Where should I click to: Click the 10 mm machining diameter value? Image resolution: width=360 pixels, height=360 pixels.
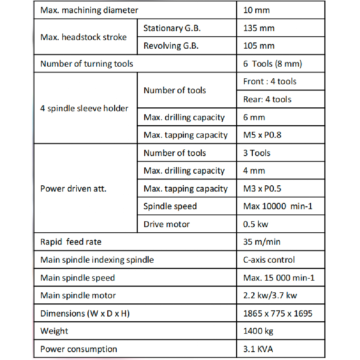point(256,10)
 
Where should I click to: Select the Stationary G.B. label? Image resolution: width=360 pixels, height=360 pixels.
point(172,28)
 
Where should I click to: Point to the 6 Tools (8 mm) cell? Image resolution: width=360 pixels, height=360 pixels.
point(273,64)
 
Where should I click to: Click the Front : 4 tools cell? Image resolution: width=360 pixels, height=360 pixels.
point(270,81)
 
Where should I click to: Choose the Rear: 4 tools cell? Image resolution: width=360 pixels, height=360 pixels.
point(267,99)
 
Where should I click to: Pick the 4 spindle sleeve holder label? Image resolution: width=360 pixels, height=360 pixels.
point(84,108)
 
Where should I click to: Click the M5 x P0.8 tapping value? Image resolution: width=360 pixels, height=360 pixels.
point(262,135)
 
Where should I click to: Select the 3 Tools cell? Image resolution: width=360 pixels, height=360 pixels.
point(257,153)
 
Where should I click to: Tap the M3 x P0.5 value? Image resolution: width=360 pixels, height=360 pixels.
point(262,189)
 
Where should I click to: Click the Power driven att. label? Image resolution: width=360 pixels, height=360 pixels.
point(73,189)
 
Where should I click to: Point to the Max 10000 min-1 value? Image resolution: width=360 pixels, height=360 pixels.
point(278,206)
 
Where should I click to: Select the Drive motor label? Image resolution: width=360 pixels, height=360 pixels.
point(167,224)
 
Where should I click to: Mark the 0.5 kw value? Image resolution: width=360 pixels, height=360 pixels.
point(256,224)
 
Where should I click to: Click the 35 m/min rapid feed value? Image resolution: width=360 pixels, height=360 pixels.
point(262,242)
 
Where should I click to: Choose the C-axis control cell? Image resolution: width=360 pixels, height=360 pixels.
point(269,260)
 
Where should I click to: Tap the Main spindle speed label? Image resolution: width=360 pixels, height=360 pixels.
point(78,278)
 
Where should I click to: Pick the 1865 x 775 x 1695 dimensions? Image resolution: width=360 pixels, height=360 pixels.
point(278,313)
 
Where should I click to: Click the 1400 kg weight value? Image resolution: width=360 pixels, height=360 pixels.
point(259,331)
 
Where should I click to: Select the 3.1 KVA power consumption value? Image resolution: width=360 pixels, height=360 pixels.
point(258,349)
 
